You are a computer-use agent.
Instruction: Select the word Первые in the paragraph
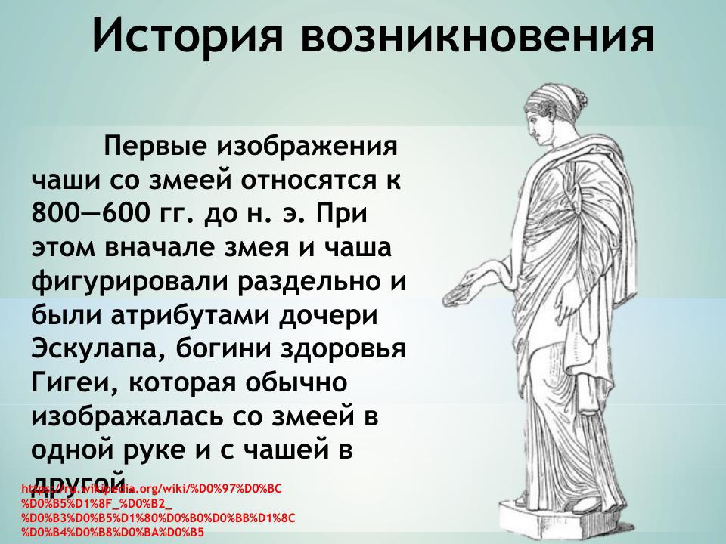pos(154,144)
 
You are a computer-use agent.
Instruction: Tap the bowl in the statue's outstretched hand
pos(455,291)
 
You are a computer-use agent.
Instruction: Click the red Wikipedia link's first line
pos(151,489)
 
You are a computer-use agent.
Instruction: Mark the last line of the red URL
pos(113,533)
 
